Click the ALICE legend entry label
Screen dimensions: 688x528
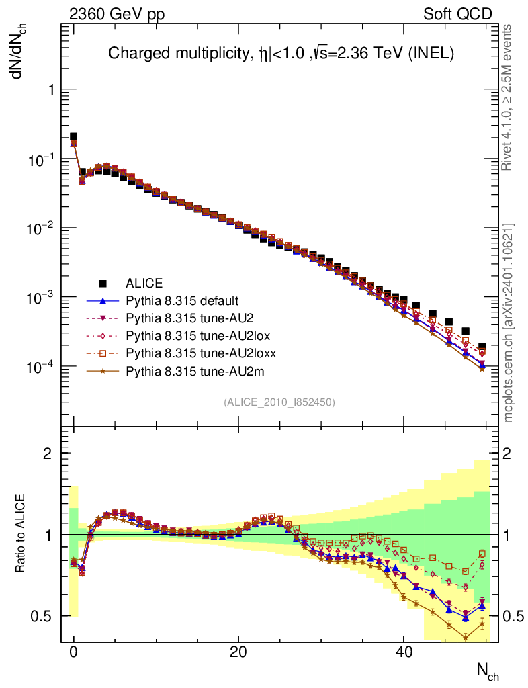pyautogui.click(x=144, y=283)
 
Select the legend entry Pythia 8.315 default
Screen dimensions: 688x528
pyautogui.click(x=182, y=300)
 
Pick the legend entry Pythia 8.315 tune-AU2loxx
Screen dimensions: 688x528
pyautogui.click(x=191, y=353)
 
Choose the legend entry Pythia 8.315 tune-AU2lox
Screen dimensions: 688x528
pyautogui.click(x=188, y=335)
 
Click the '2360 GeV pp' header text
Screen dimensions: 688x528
pyautogui.click(x=116, y=14)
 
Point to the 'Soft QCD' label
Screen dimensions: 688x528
pyautogui.click(x=457, y=14)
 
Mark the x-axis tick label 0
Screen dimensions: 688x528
pyautogui.click(x=73, y=652)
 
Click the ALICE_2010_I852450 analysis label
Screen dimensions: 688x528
pyautogui.click(x=279, y=402)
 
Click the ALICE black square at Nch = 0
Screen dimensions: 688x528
pyautogui.click(x=74, y=137)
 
